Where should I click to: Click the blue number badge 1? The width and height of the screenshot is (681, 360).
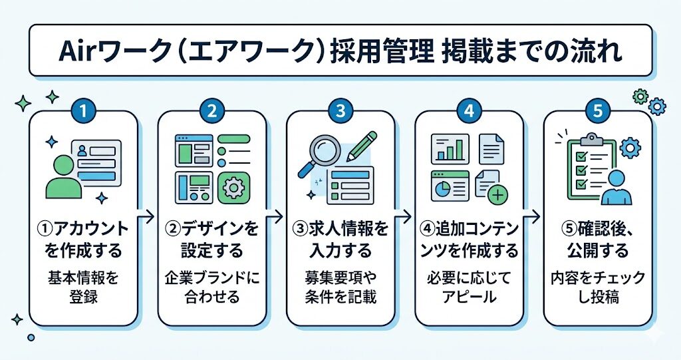[83, 111]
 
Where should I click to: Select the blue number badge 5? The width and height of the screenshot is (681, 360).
[597, 111]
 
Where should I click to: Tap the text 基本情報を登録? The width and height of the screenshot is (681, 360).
[83, 286]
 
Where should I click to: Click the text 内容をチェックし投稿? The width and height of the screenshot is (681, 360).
[597, 287]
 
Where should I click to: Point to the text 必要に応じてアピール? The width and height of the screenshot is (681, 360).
[470, 286]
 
